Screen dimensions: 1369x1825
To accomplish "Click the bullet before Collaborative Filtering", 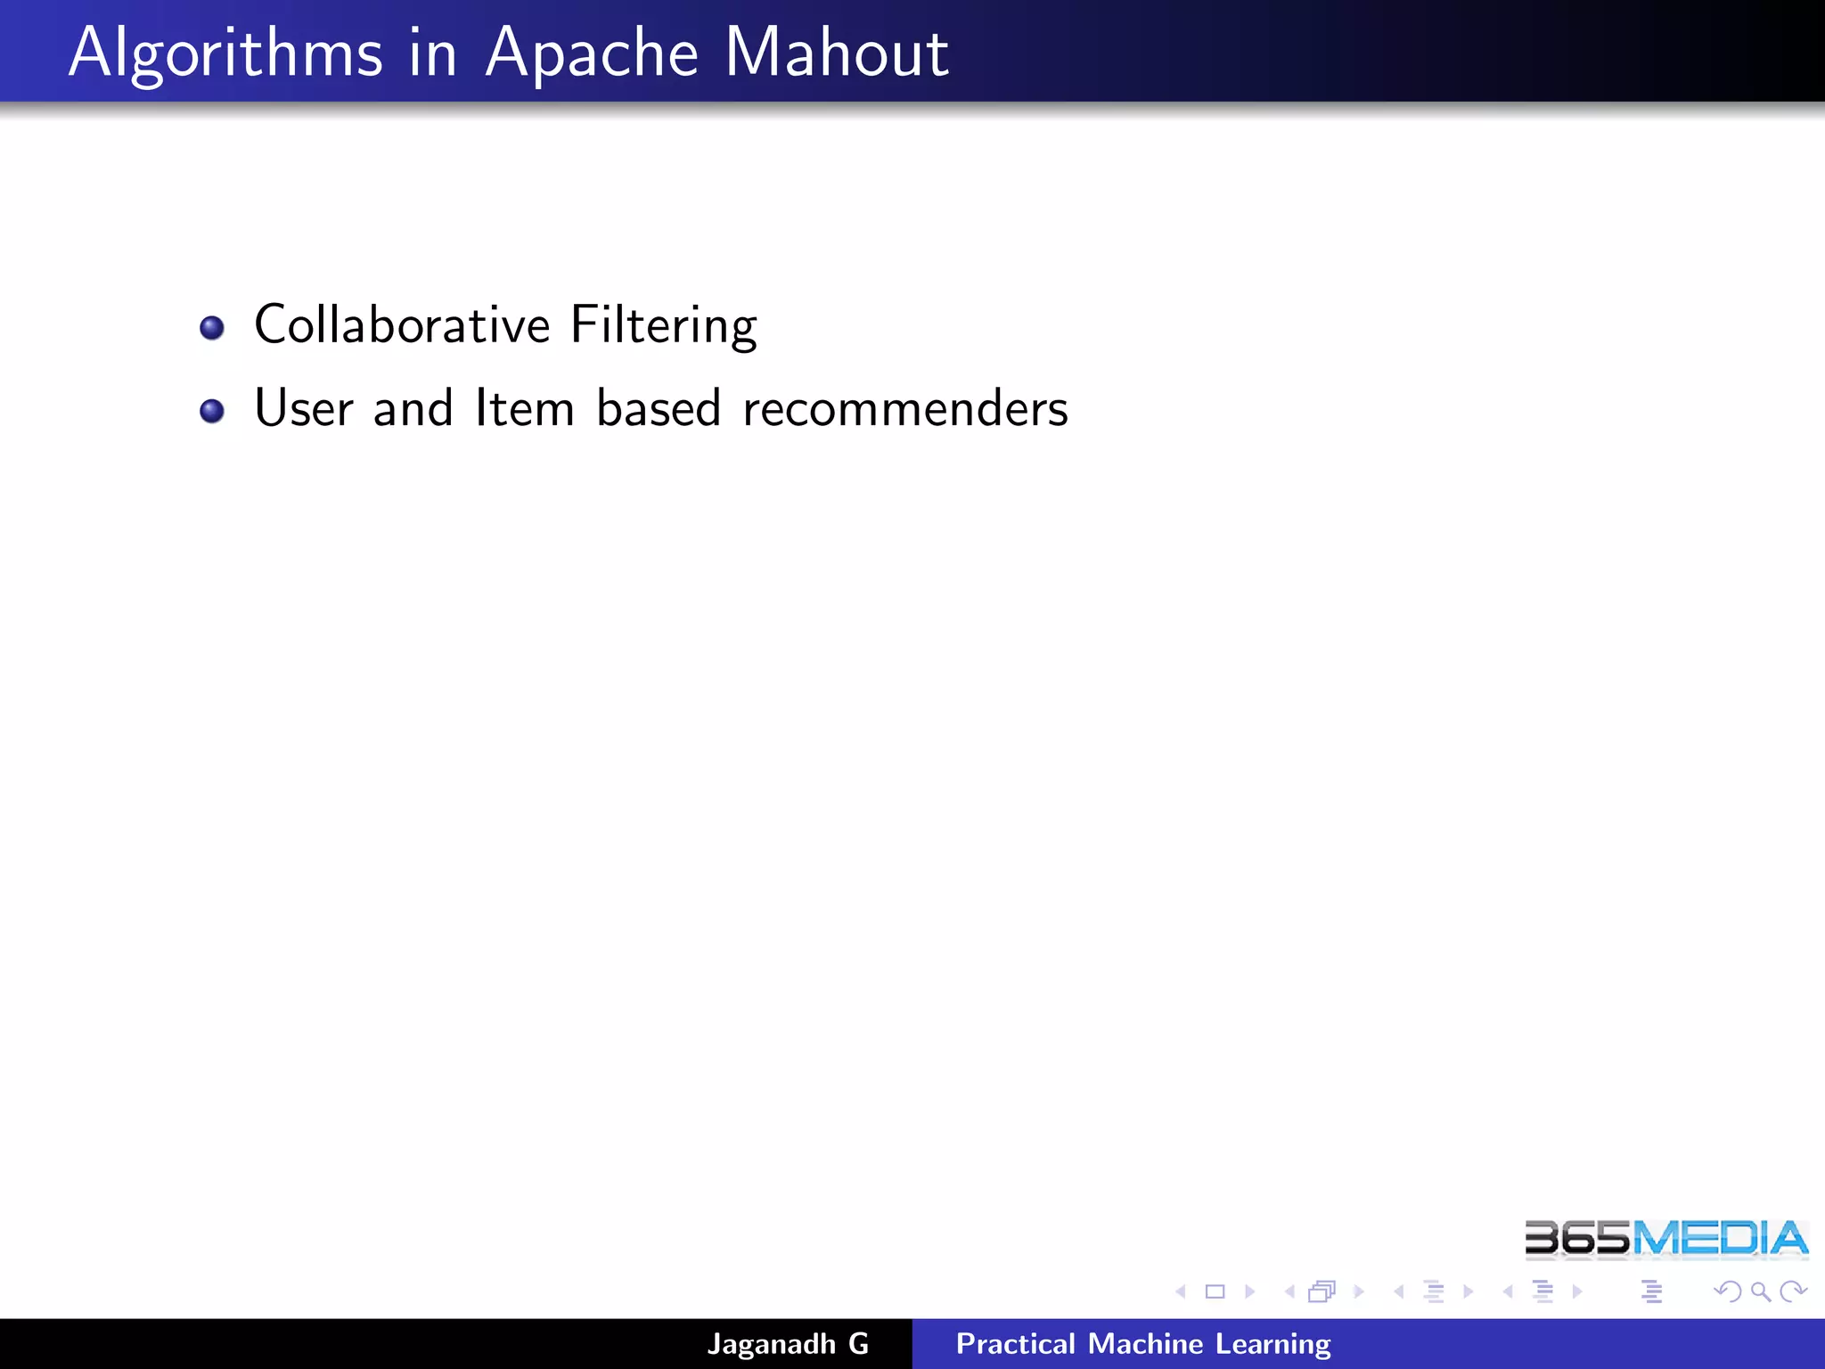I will [212, 328].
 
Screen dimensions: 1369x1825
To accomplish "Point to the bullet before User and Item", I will [212, 411].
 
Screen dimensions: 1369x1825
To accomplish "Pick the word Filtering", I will [664, 325].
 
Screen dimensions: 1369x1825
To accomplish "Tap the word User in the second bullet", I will [304, 408].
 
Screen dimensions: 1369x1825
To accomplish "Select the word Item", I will [524, 408].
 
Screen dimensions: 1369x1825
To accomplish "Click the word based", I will [659, 408].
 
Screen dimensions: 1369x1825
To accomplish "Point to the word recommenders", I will [904, 408].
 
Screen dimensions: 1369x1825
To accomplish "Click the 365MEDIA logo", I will [1666, 1239].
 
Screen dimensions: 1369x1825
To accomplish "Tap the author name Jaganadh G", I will [788, 1344].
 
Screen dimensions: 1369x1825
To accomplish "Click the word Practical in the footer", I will [1015, 1344].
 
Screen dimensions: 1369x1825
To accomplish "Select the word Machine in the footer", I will [1145, 1344].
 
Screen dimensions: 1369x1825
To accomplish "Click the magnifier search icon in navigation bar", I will [1760, 1291].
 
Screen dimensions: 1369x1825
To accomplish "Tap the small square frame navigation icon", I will [1215, 1291].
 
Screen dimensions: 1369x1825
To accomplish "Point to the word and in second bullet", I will [413, 408].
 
